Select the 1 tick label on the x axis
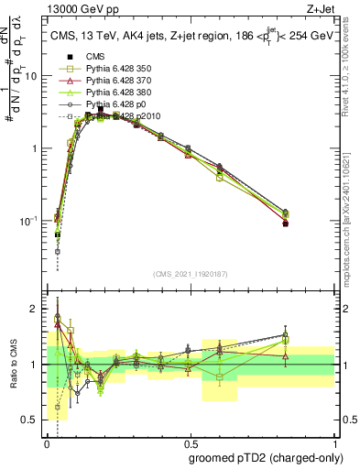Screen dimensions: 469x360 (x=333, y=442)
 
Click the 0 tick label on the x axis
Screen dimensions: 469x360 (x=47, y=442)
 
